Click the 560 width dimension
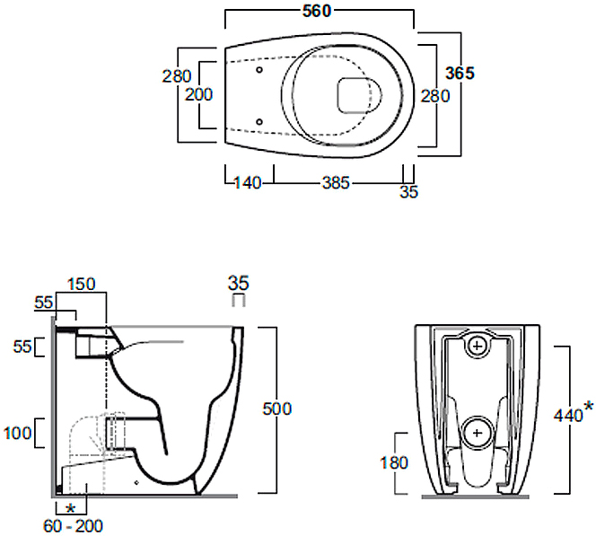click(317, 12)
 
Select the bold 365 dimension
click(460, 73)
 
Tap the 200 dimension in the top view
click(198, 94)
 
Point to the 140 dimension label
click(247, 183)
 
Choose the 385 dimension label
click(336, 183)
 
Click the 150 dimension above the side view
click(82, 284)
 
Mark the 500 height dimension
click(277, 409)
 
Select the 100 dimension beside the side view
click(17, 433)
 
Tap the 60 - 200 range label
click(73, 526)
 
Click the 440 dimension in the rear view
click(568, 416)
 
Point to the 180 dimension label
click(394, 462)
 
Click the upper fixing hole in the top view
click(259, 70)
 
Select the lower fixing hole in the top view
click(259, 122)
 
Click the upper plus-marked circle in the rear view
click(478, 346)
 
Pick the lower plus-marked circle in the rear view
click(477, 433)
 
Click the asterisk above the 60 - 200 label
click(70, 508)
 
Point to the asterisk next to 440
click(588, 406)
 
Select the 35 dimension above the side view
click(239, 283)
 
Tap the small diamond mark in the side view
click(137, 483)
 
